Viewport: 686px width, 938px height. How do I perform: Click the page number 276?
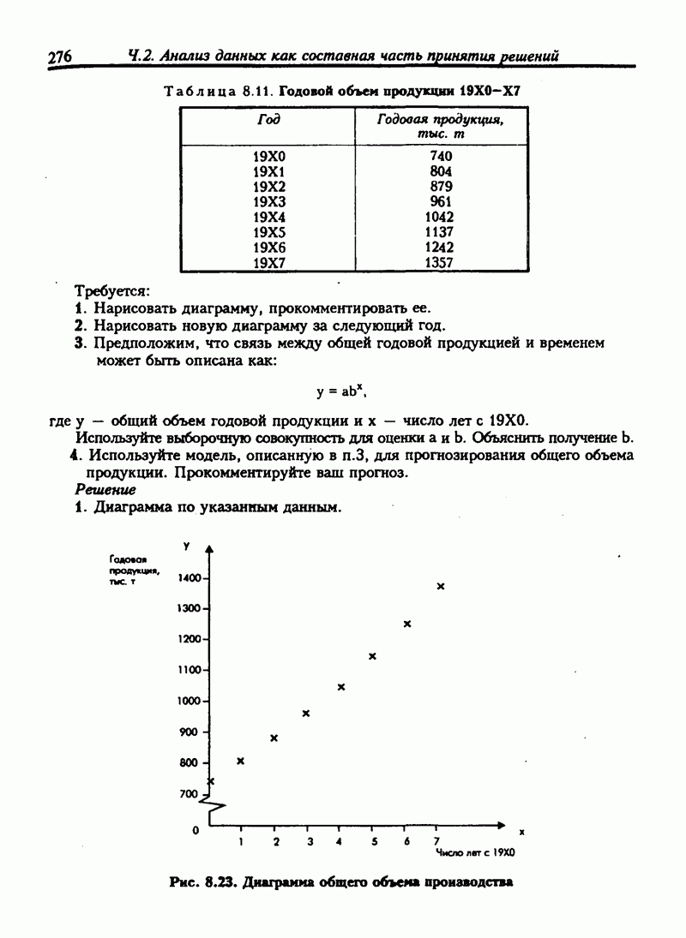[59, 57]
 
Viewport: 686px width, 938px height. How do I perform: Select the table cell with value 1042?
[439, 217]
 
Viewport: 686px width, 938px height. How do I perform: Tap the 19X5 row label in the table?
[268, 232]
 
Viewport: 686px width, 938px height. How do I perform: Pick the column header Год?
[268, 120]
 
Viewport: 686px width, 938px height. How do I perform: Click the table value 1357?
[439, 263]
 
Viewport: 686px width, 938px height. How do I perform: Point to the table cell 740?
[440, 155]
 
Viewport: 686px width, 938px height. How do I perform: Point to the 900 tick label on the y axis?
[188, 732]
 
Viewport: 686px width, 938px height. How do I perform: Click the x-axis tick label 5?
[374, 842]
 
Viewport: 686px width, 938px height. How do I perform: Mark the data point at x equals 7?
[441, 587]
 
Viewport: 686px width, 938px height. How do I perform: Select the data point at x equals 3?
[306, 714]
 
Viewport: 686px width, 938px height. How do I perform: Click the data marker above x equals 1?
[241, 761]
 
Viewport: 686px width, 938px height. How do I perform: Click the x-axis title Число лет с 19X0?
[474, 854]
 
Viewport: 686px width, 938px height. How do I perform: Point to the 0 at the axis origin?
[196, 830]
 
